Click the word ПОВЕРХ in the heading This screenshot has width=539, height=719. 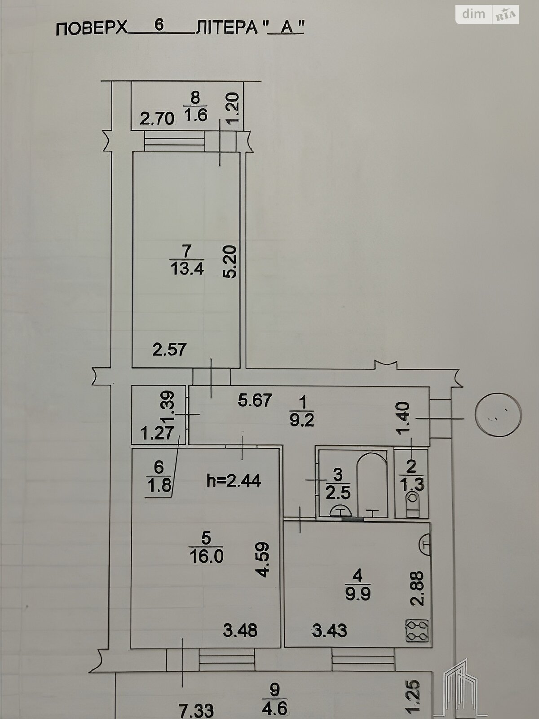(92, 29)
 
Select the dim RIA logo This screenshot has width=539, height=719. (487, 15)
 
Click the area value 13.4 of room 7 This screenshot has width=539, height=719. (187, 270)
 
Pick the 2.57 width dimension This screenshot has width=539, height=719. (169, 350)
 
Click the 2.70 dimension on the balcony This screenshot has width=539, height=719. (157, 118)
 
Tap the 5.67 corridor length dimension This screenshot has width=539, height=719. (255, 400)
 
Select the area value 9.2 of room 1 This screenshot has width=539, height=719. (302, 420)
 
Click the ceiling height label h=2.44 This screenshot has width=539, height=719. (234, 481)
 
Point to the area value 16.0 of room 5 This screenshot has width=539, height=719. (207, 556)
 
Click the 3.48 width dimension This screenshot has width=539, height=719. (240, 630)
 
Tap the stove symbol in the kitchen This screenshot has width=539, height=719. (417, 630)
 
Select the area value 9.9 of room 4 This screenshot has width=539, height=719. (358, 594)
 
